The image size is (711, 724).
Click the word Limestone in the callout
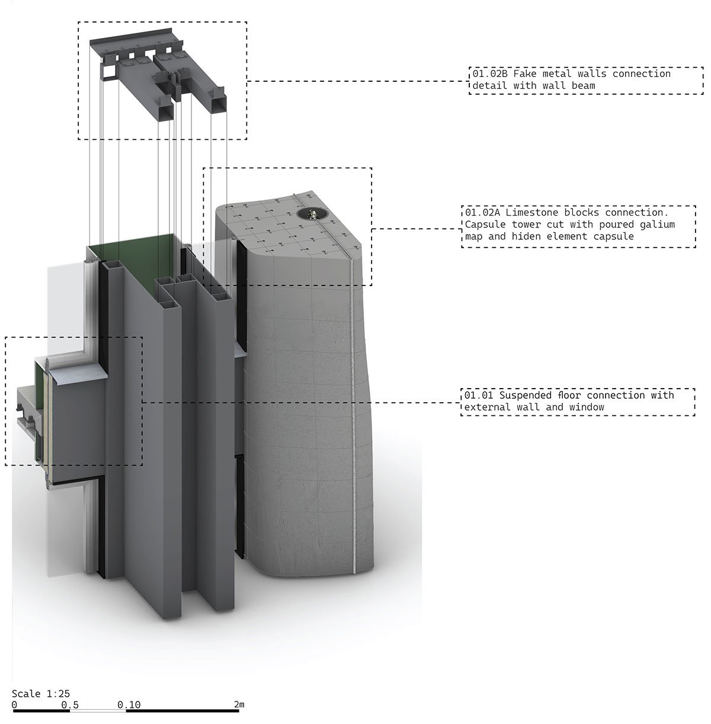click(531, 212)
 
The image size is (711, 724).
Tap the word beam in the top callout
click(583, 86)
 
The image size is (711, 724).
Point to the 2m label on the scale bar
click(239, 704)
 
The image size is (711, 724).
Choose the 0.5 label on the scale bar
click(70, 704)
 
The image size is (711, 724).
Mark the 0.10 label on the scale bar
click(129, 704)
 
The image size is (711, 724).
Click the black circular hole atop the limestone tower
click(309, 213)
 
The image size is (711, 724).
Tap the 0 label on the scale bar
click(14, 704)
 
